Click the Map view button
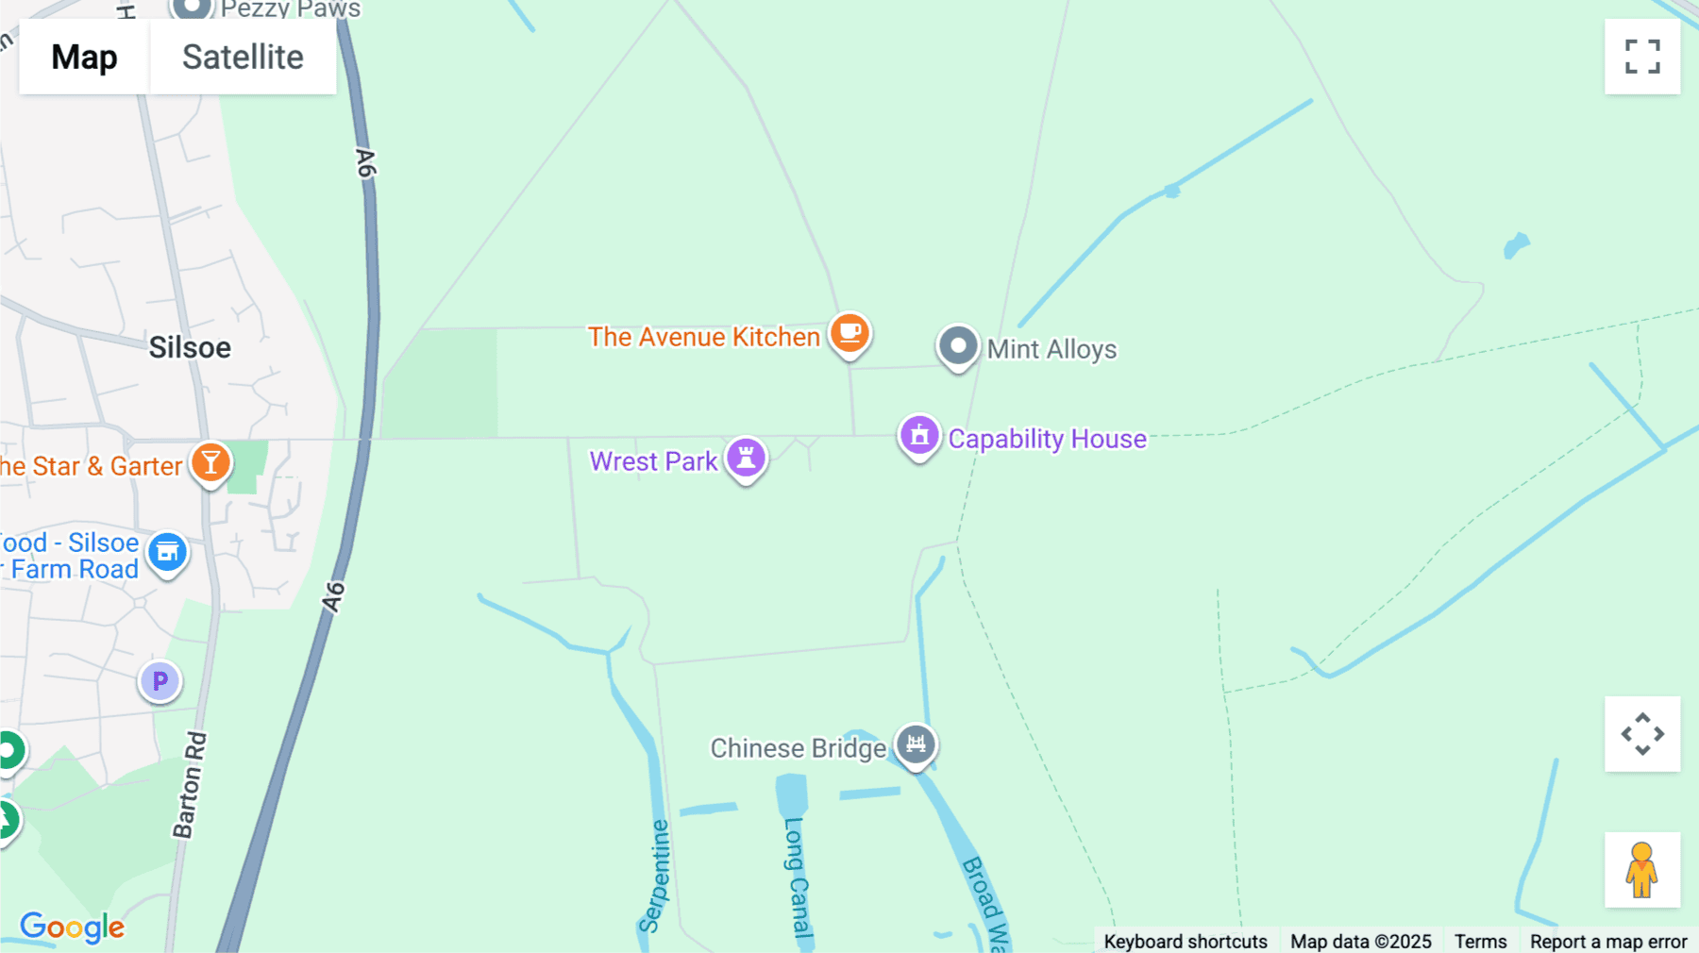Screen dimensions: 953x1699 pos(84,58)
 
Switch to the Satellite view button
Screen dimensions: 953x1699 pos(243,58)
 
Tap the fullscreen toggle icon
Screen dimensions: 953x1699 pos(1642,57)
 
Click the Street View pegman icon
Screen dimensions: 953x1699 pos(1642,870)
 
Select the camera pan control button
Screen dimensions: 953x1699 pos(1642,734)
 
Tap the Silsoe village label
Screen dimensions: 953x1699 pos(190,348)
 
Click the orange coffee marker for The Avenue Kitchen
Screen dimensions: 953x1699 pos(849,333)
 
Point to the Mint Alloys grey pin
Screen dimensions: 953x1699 pos(957,346)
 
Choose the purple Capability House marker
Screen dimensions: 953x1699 pos(918,436)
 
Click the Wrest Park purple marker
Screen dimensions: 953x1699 pos(746,458)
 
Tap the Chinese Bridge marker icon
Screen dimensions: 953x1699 pos(915,744)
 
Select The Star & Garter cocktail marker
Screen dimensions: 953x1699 pos(210,463)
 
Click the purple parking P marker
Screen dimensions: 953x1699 pos(160,680)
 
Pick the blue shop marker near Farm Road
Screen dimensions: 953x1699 pos(167,552)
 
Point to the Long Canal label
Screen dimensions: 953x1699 pos(797,878)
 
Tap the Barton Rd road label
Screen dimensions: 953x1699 pos(190,785)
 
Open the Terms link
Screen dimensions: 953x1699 pos(1480,941)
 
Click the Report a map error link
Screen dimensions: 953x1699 pos(1608,941)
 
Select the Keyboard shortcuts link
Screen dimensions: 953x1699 pos(1186,941)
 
